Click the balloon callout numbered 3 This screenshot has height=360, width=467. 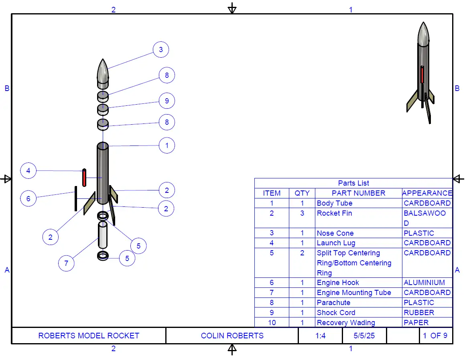tap(161, 50)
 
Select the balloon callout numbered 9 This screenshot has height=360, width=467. tap(167, 101)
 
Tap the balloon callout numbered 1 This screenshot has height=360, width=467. tap(167, 145)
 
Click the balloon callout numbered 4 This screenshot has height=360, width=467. tap(28, 171)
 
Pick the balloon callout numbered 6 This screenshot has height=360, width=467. tap(28, 198)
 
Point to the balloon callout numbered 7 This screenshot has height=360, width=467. tap(66, 263)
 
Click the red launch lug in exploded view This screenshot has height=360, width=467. tap(84, 178)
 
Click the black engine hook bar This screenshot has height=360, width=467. tap(75, 198)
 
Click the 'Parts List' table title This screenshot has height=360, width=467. tap(353, 183)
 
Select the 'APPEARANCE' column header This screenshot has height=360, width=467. tap(427, 193)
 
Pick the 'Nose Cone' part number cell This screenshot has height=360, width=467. tap(335, 233)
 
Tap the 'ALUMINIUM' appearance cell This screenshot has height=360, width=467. tap(424, 283)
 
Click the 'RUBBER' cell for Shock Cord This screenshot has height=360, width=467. tap(419, 313)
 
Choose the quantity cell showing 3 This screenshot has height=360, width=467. tap(302, 213)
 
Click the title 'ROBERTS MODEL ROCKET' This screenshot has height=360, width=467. tap(89, 336)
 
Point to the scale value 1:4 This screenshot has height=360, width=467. tap(320, 336)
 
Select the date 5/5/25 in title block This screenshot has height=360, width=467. tap(364, 336)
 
